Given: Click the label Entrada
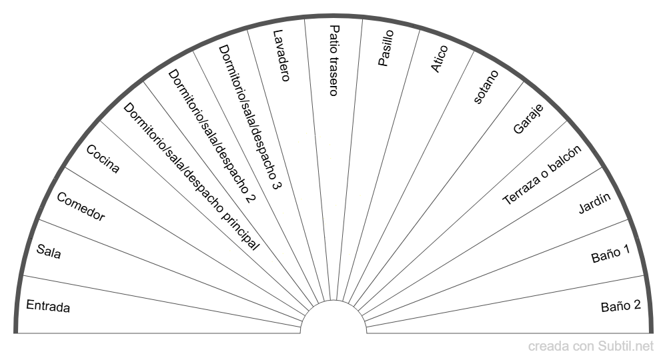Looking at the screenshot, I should point(48,307).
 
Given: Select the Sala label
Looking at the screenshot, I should point(49,252).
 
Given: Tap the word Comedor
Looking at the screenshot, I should point(81,207).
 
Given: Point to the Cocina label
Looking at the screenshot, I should point(103,159).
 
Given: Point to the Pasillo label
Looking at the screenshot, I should point(386,48).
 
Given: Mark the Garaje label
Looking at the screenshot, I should point(528,119).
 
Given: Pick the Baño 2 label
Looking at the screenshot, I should point(621,306).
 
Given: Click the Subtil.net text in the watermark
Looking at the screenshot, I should point(628,346).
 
